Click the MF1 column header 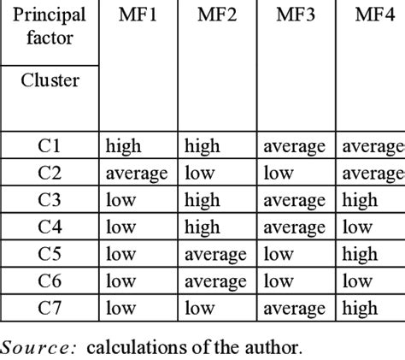point(137,15)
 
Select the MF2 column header point(217,15)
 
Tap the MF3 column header point(294,15)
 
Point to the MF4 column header point(372,15)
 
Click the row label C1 point(50,147)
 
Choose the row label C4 point(50,227)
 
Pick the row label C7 point(50,307)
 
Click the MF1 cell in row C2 point(137,174)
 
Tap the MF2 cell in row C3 point(203,200)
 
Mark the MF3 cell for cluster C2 point(279,174)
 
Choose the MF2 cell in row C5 point(215,254)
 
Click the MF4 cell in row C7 point(360,307)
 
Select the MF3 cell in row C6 point(279,280)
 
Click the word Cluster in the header point(50,80)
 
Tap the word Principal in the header point(50,15)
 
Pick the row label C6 point(50,280)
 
